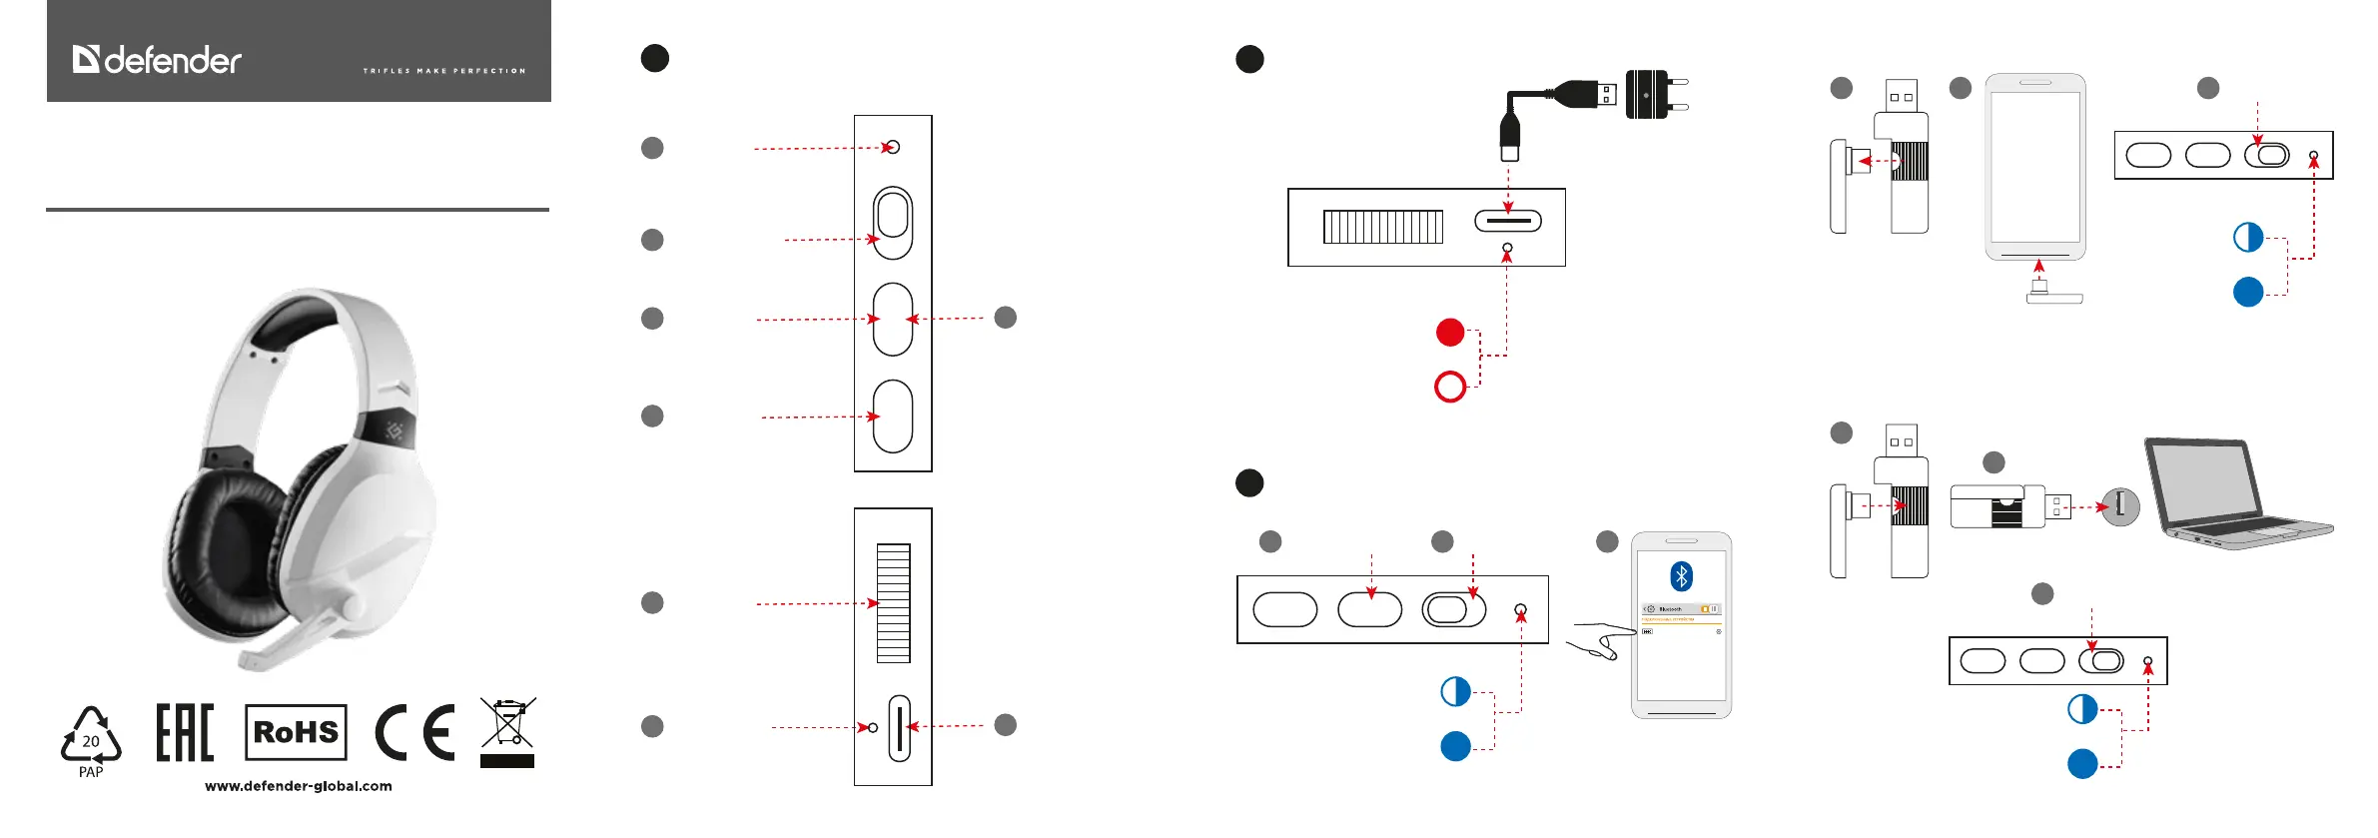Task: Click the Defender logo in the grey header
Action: pyautogui.click(x=157, y=60)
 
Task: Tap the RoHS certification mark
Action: pyautogui.click(x=296, y=732)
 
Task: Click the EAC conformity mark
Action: pyautogui.click(x=185, y=732)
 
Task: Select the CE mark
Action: pyautogui.click(x=414, y=732)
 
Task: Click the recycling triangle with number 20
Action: pyautogui.click(x=91, y=739)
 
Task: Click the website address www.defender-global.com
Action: pyautogui.click(x=299, y=786)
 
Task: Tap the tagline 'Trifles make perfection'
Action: pyautogui.click(x=444, y=71)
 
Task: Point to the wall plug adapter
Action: pyautogui.click(x=1654, y=95)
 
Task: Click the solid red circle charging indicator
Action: pyautogui.click(x=1450, y=333)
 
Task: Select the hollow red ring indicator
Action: pyautogui.click(x=1450, y=387)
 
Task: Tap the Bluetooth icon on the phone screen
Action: pyautogui.click(x=1682, y=576)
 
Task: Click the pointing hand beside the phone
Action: pyautogui.click(x=1600, y=640)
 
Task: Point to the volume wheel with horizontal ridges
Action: pyautogui.click(x=893, y=603)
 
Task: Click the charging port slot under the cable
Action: pyautogui.click(x=1508, y=221)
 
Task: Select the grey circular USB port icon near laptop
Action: pyautogui.click(x=2120, y=506)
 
